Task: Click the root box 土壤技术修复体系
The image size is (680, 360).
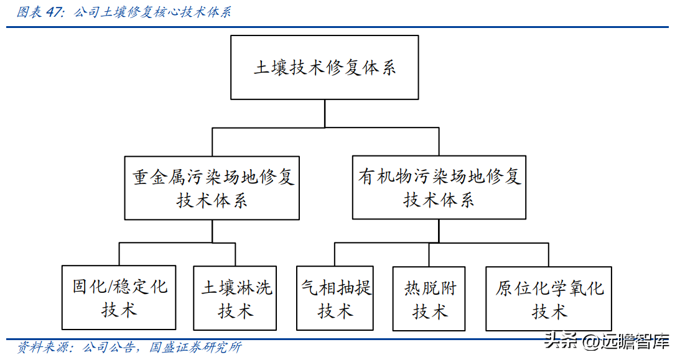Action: tap(324, 67)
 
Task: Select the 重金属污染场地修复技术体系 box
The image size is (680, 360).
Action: tap(212, 188)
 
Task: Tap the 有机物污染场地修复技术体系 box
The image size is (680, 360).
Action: tap(439, 188)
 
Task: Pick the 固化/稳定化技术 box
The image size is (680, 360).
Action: tap(119, 298)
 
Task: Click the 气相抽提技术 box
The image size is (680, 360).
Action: tap(335, 298)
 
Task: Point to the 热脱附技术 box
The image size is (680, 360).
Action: tap(430, 298)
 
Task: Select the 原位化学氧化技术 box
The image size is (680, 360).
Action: tap(549, 298)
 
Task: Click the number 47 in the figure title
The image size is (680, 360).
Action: tap(54, 12)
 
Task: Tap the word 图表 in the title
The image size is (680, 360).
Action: tap(30, 12)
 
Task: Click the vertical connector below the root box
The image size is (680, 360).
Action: tap(324, 114)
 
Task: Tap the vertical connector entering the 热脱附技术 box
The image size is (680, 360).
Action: tap(429, 255)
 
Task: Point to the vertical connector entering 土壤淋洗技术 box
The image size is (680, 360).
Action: tap(236, 255)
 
